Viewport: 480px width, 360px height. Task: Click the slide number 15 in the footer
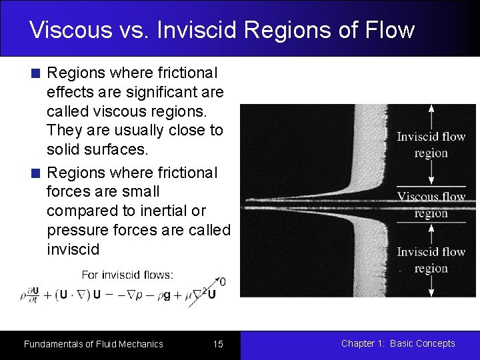click(218, 344)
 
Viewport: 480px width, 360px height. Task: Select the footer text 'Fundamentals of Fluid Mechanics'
click(93, 344)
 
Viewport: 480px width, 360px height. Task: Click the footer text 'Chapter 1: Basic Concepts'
click(398, 343)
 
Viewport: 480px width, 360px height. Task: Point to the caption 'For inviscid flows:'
click(127, 274)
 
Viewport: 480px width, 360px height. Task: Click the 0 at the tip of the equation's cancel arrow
click(222, 282)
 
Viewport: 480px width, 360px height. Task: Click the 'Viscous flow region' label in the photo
click(431, 205)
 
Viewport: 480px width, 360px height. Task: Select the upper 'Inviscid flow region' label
click(431, 145)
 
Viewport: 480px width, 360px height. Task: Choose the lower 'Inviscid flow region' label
click(431, 260)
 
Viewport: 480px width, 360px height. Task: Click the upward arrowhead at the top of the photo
click(431, 109)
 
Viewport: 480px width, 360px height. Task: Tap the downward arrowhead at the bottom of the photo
click(431, 291)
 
